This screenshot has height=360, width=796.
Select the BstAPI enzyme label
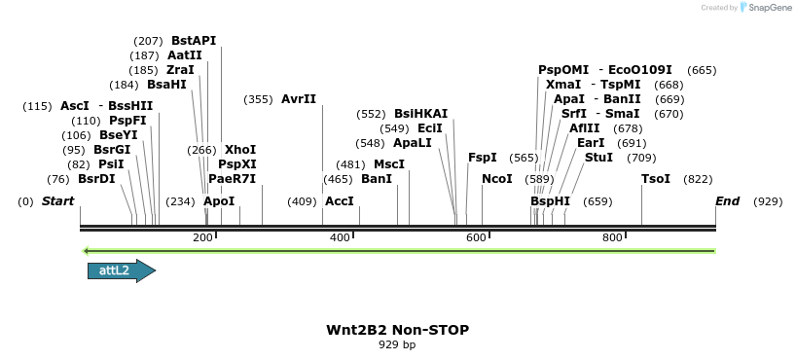194,41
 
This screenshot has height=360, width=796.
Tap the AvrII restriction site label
299,99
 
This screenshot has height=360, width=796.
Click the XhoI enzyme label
240,150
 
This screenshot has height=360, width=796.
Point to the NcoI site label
496,179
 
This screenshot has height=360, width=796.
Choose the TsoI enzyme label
656,179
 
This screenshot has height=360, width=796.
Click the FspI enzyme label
483,158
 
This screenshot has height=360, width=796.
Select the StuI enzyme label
598,158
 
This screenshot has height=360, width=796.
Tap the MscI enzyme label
389,164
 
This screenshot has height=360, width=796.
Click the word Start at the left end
58,201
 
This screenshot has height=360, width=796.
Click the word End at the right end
727,201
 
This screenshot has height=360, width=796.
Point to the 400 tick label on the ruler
340,238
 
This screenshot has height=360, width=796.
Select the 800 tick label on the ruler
612,238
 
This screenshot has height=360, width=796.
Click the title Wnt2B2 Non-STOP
397,330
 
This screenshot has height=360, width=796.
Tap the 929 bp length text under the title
397,344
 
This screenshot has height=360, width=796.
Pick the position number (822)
698,179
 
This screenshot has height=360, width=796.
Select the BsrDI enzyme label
96,179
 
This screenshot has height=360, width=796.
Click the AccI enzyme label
339,201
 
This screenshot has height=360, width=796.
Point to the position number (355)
258,99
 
